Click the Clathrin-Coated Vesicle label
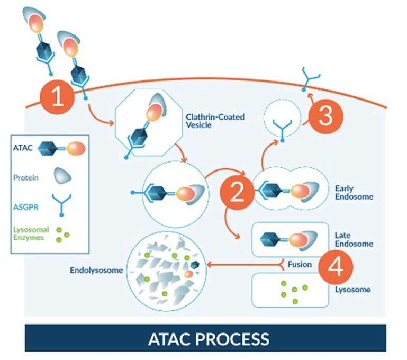215,121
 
